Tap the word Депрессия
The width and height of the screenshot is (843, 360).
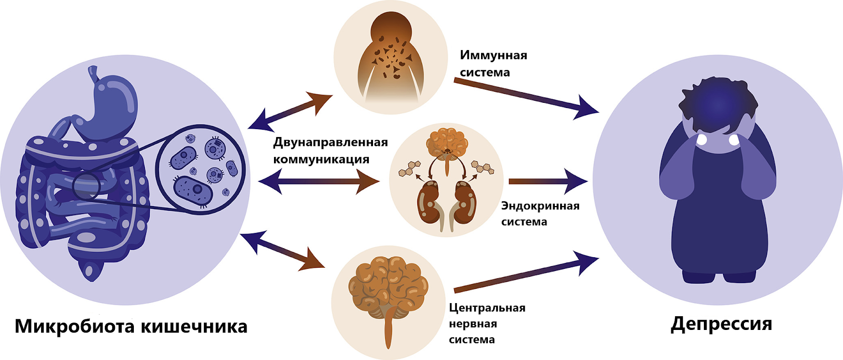tap(721, 324)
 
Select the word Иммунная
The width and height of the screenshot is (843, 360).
tap(493, 55)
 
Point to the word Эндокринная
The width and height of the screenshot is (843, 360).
tap(540, 206)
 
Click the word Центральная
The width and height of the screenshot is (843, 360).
tap(487, 308)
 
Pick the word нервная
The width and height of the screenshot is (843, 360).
tap(473, 324)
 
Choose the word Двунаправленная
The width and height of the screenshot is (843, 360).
tap(330, 142)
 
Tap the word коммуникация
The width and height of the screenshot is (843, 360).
tap(321, 159)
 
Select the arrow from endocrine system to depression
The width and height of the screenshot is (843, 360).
tap(548, 181)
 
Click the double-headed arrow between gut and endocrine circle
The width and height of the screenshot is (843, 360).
tap(319, 182)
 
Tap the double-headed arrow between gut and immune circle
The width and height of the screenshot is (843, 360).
tap(290, 112)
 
